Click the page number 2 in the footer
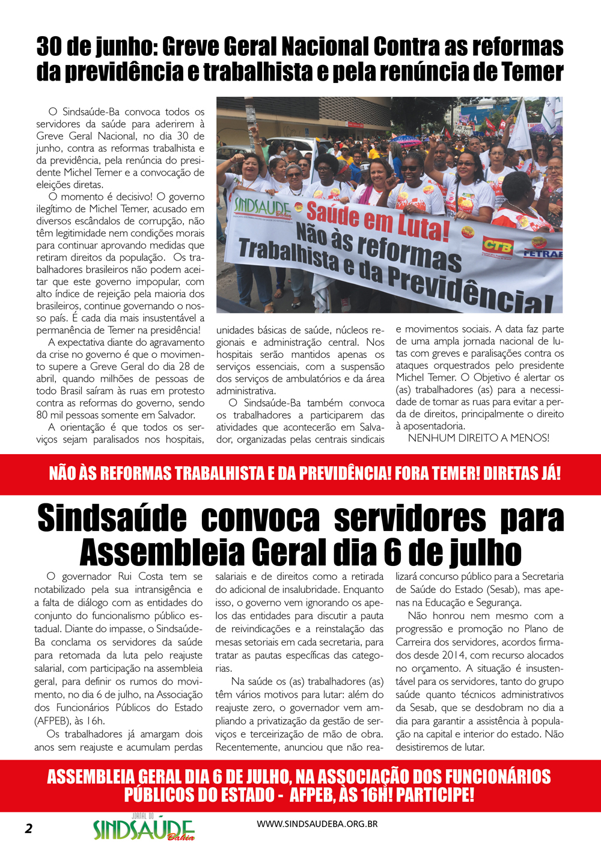pos(29,828)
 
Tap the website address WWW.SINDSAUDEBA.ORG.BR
pos(317,824)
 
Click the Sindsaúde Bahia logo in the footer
pos(144,829)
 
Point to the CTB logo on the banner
pos(498,245)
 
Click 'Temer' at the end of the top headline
pos(532,72)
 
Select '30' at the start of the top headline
pos(49,46)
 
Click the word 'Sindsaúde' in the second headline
pos(112,518)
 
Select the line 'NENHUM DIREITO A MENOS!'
pos(478,438)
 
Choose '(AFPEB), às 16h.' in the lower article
pos(69,720)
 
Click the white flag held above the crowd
pos(520,129)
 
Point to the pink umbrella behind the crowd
pos(404,140)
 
